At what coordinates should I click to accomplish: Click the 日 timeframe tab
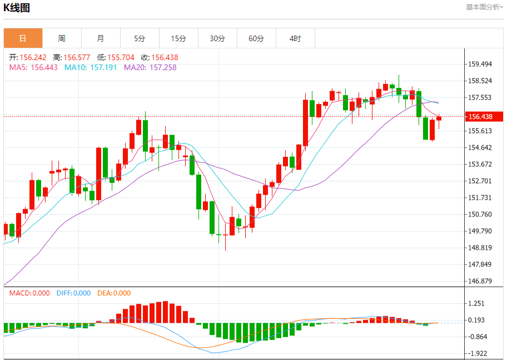pos(23,38)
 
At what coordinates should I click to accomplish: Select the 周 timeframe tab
pos(62,38)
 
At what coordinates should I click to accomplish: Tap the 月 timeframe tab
pos(101,38)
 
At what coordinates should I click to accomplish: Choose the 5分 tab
pos(140,38)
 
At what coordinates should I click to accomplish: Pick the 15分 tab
pos(178,38)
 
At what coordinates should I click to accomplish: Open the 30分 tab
pos(217,38)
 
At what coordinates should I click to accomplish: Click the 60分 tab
pos(256,38)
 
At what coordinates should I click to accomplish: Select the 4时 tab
pos(295,38)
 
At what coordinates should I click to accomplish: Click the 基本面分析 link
pos(484,7)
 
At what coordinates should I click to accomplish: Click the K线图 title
pos(17,8)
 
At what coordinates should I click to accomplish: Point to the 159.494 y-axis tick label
pos(480,65)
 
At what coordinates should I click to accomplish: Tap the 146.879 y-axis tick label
pos(480,281)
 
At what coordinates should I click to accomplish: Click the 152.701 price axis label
pos(480,181)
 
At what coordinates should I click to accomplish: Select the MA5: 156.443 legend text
pos(33,67)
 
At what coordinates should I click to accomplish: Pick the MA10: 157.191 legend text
pos(91,67)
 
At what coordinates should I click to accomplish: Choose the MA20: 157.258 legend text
pos(150,67)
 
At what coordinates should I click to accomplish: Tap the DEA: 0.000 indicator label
pos(114,293)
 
